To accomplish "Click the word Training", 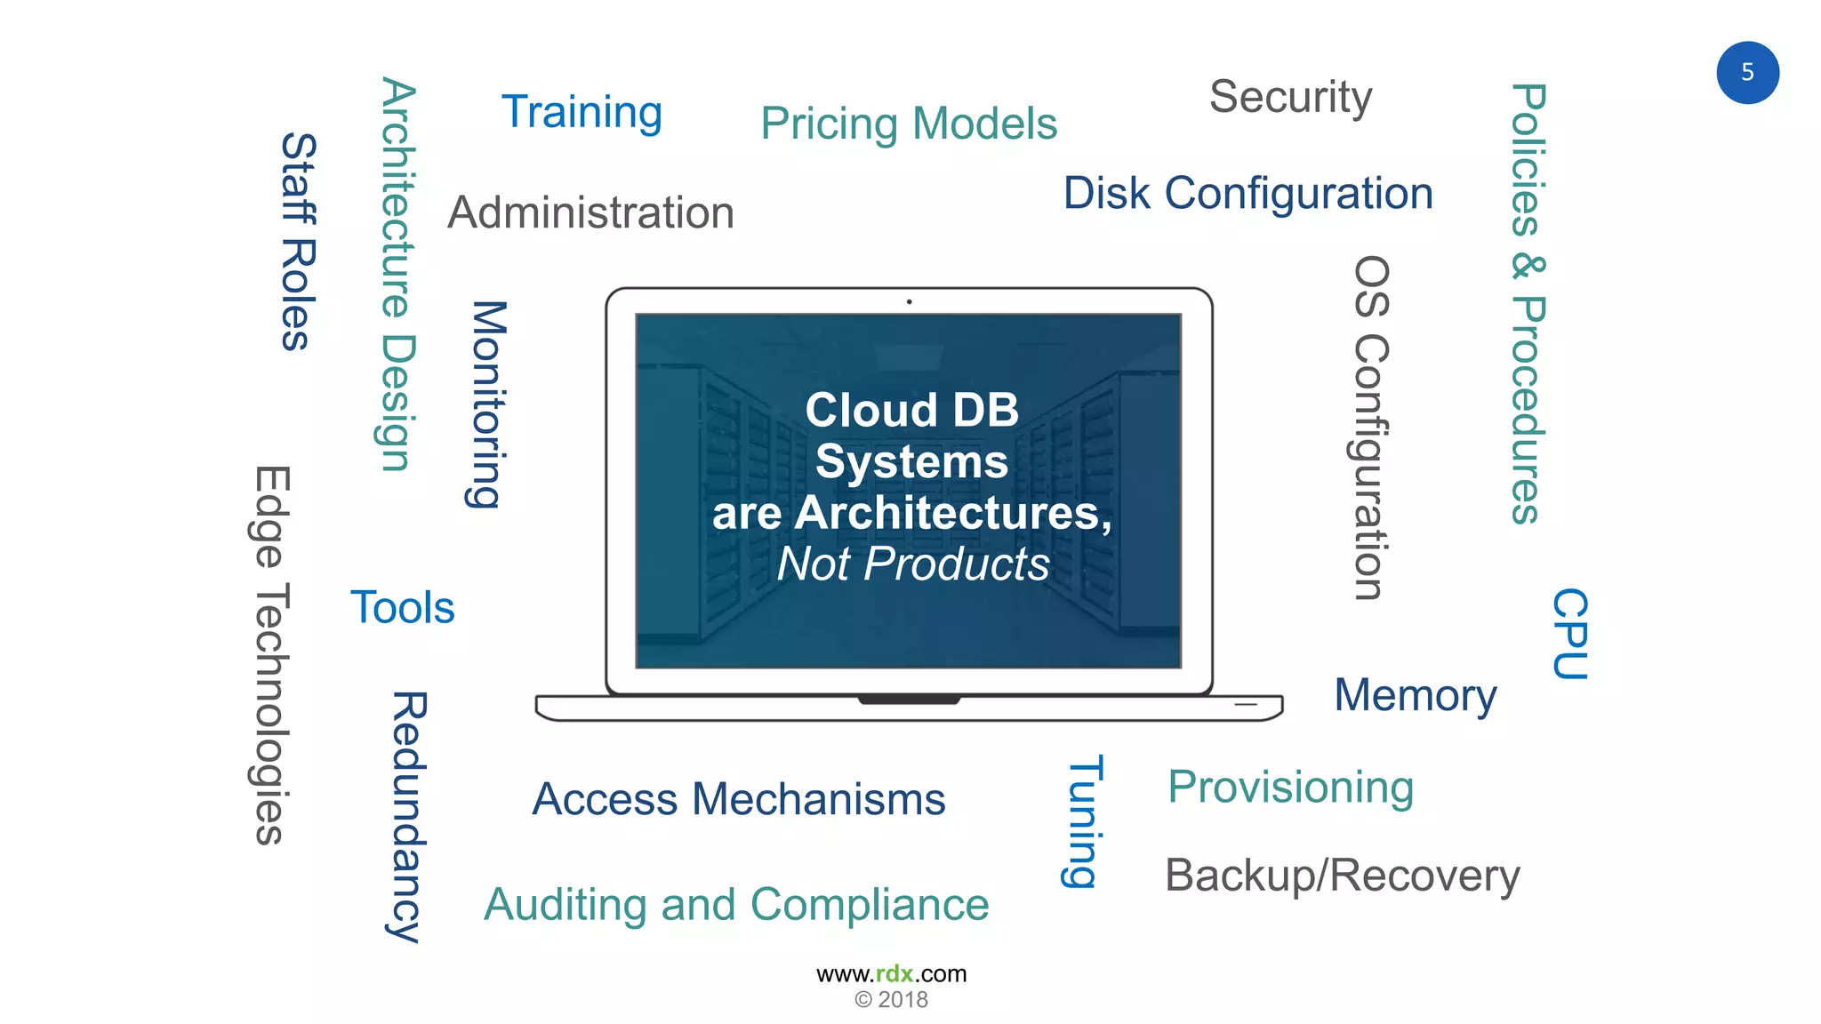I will click(x=582, y=113).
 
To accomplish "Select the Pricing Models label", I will click(x=909, y=124).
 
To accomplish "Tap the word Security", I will click(x=1290, y=97).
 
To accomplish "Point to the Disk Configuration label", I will click(x=1248, y=193).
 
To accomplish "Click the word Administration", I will click(x=590, y=213).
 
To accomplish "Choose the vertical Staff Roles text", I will click(x=298, y=242).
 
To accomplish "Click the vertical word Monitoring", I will click(x=487, y=404).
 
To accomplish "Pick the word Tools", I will click(x=402, y=608).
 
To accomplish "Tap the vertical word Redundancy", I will click(x=408, y=816).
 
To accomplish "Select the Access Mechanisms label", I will click(x=739, y=799).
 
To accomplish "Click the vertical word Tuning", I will click(x=1085, y=821).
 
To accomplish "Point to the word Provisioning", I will click(x=1290, y=788).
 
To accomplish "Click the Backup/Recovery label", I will click(x=1342, y=876).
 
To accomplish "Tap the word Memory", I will click(x=1416, y=695).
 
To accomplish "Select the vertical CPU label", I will click(x=1569, y=634).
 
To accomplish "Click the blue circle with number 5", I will click(x=1747, y=73).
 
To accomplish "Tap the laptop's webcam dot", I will click(x=909, y=302).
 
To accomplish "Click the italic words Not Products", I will click(x=913, y=564).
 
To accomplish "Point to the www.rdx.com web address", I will click(x=891, y=974).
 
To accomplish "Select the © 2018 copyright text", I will click(x=891, y=1000).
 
